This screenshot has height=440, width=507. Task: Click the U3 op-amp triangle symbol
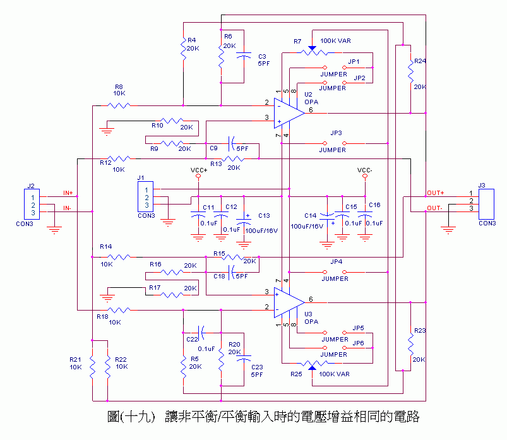(x=289, y=299)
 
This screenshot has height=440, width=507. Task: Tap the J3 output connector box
(x=486, y=201)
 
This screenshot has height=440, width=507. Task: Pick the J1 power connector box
(x=146, y=196)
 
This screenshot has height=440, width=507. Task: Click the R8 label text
(x=119, y=87)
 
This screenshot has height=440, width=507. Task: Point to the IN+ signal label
(x=68, y=193)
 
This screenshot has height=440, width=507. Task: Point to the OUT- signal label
(x=435, y=208)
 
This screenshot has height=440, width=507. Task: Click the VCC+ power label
(x=198, y=170)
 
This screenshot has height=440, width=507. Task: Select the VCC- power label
(x=365, y=170)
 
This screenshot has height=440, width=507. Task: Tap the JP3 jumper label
(x=337, y=133)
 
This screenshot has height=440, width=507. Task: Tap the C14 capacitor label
(x=310, y=215)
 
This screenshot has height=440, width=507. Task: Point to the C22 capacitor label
(x=192, y=339)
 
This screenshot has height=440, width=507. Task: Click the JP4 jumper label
(x=337, y=261)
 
